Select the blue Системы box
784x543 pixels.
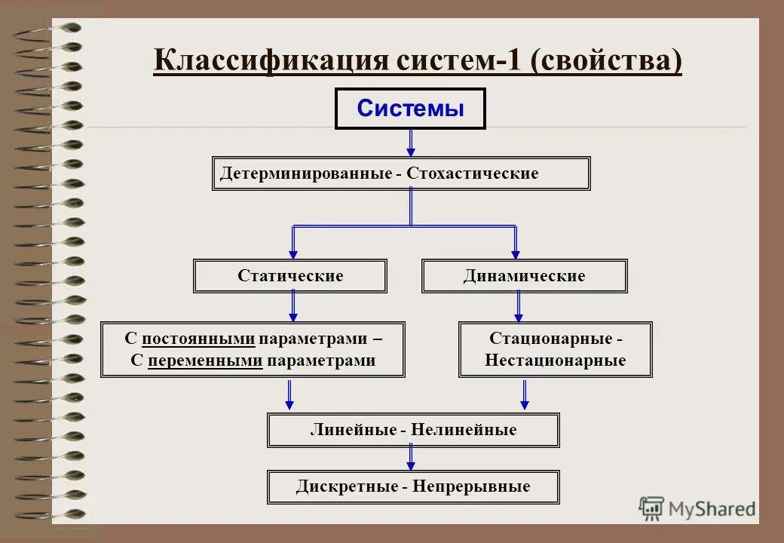pyautogui.click(x=410, y=109)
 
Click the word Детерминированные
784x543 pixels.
pyautogui.click(x=305, y=173)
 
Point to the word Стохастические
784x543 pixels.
pyautogui.click(x=473, y=173)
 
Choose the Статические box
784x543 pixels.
pyautogui.click(x=290, y=276)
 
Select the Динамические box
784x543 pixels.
pyautogui.click(x=524, y=276)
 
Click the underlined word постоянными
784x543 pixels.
pyautogui.click(x=198, y=339)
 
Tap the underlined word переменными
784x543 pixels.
pyautogui.click(x=205, y=360)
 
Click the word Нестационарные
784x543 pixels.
pyautogui.click(x=556, y=360)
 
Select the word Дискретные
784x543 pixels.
pyautogui.click(x=346, y=486)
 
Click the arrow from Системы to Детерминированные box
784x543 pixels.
pyautogui.click(x=411, y=143)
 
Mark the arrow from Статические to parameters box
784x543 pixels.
pyautogui.click(x=293, y=306)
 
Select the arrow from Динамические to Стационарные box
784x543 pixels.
pyautogui.click(x=519, y=306)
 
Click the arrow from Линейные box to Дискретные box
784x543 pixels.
pyautogui.click(x=411, y=458)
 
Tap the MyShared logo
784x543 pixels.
pyautogui.click(x=697, y=508)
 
